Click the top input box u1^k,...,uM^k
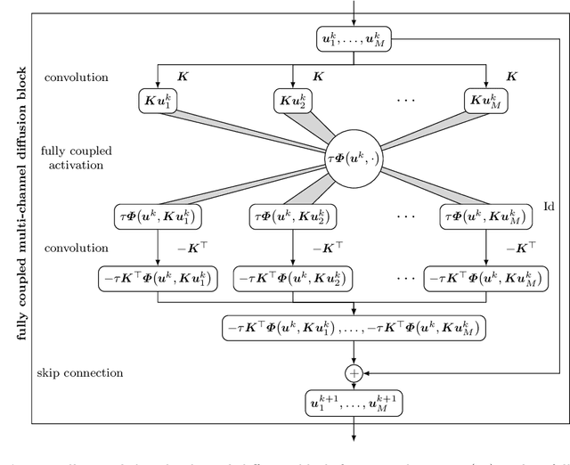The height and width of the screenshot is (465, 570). pyautogui.click(x=354, y=39)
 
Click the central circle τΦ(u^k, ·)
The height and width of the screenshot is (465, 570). pyautogui.click(x=354, y=159)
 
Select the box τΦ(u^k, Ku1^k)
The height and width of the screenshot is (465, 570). pyautogui.click(x=158, y=216)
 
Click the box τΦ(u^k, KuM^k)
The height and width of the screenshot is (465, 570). pyautogui.click(x=485, y=216)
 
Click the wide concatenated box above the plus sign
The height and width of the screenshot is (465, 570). pyautogui.click(x=354, y=329)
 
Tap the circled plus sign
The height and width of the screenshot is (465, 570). pyautogui.click(x=354, y=374)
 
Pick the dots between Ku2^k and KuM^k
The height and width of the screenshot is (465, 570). pyautogui.click(x=405, y=100)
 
